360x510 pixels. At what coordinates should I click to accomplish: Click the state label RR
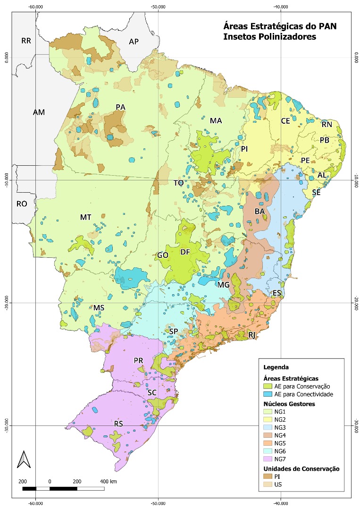point(26,41)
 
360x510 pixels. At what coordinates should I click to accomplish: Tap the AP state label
point(134,42)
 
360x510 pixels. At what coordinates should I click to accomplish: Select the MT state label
point(85,217)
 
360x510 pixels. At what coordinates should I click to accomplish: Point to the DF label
point(185,252)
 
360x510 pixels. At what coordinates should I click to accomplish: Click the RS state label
point(118,424)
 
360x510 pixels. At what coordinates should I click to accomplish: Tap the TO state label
point(178,183)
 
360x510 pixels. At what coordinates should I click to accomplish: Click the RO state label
point(22,204)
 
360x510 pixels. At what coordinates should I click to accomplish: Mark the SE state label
point(317,193)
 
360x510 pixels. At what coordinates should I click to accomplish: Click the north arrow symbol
point(22,459)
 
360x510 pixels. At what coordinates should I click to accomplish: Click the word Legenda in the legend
point(276,367)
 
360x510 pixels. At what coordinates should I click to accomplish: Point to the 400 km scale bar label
point(108,481)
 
